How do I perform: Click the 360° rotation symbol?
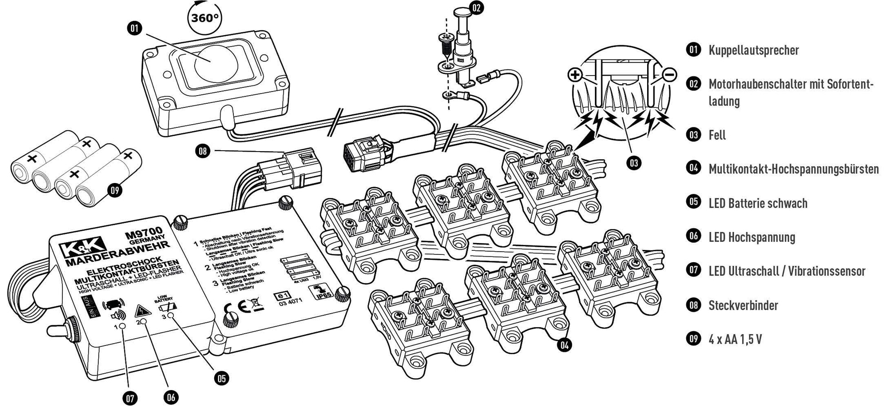204,18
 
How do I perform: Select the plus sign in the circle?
575,75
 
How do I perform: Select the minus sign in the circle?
669,75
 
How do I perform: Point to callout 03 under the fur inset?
634,162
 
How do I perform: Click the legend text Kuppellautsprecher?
753,50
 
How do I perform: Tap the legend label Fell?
717,135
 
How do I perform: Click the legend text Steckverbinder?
743,305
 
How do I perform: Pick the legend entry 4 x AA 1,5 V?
735,340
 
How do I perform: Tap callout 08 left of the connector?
203,150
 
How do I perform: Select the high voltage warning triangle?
141,311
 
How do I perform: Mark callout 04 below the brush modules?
564,345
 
